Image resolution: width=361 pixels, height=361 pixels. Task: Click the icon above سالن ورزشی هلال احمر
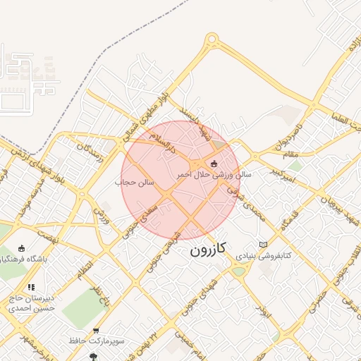click(x=214, y=164)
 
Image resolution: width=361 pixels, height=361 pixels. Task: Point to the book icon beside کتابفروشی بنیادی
click(x=264, y=245)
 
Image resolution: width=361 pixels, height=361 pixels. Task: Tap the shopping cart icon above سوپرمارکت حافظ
click(x=96, y=331)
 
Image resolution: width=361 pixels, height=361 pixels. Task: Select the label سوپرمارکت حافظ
click(x=97, y=341)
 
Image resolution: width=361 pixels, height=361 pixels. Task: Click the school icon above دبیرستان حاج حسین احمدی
click(x=31, y=288)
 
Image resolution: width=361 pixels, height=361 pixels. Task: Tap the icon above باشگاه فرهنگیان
click(x=21, y=248)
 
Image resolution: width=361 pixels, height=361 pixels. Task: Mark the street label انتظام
click(x=85, y=267)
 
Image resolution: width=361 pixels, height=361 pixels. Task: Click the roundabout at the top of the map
click(x=212, y=39)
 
